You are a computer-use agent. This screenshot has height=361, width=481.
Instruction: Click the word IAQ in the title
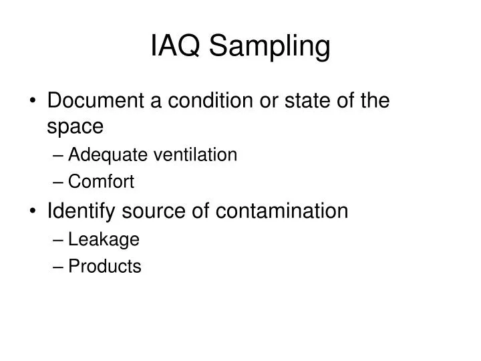tap(175, 47)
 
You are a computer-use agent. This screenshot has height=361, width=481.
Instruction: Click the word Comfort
tap(102, 182)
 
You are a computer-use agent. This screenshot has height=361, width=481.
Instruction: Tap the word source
tap(154, 211)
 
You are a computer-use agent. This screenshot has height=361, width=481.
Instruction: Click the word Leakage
tap(104, 240)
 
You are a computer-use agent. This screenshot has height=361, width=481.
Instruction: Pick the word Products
tap(105, 267)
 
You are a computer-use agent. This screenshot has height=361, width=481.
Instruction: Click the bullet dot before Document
tap(33, 102)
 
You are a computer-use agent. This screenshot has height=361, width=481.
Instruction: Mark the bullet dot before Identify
tap(33, 212)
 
